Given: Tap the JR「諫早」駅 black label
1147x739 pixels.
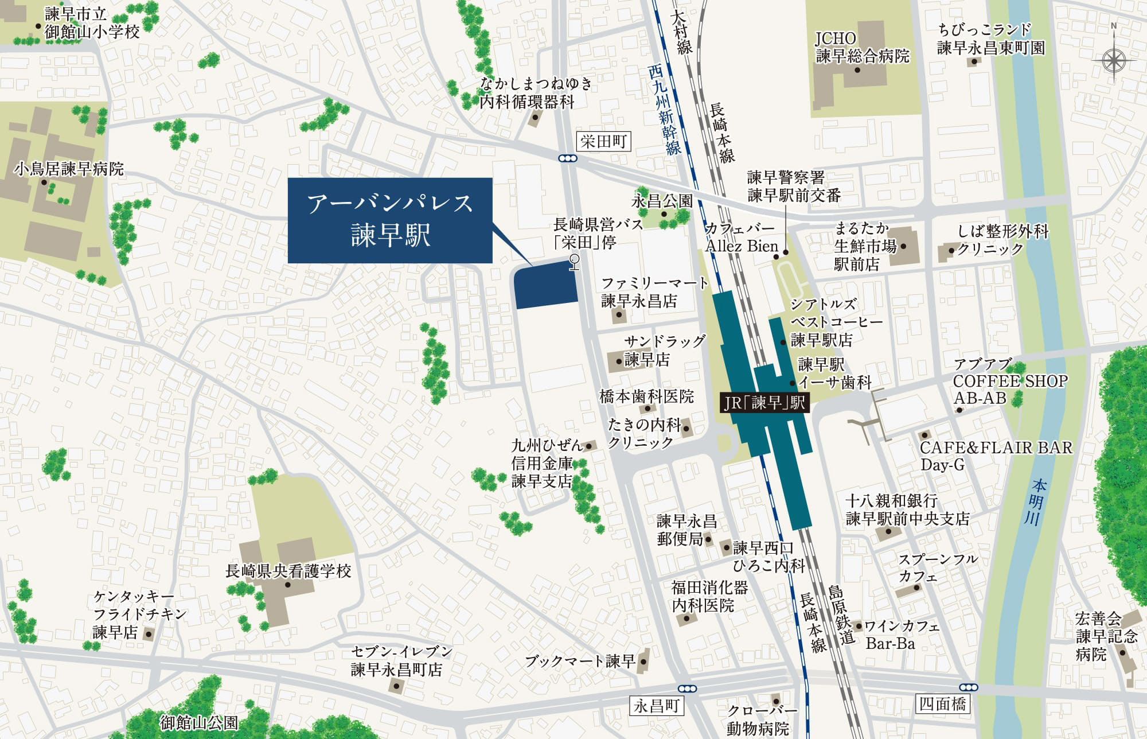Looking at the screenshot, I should pyautogui.click(x=764, y=402).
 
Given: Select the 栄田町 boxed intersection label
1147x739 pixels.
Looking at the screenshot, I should pyautogui.click(x=603, y=141).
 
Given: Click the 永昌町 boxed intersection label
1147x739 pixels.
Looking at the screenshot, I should pyautogui.click(x=656, y=706).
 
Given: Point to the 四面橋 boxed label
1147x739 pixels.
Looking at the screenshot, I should pyautogui.click(x=942, y=703).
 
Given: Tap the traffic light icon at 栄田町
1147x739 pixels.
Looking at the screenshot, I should pyautogui.click(x=568, y=158).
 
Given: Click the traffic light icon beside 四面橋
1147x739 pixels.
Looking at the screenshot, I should pyautogui.click(x=968, y=687).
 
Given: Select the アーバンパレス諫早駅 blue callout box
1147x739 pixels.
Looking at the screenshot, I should pyautogui.click(x=390, y=220).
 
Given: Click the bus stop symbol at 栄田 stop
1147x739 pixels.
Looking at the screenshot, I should pyautogui.click(x=574, y=263).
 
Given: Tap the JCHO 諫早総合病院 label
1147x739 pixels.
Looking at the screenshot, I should pyautogui.click(x=862, y=48).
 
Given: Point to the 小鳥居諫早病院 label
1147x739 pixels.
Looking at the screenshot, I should pyautogui.click(x=69, y=169).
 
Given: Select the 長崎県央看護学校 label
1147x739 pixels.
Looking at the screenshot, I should pyautogui.click(x=288, y=571).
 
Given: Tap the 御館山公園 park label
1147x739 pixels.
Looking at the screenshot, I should pyautogui.click(x=199, y=722).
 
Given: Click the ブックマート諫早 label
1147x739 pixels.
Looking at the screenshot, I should pyautogui.click(x=580, y=662).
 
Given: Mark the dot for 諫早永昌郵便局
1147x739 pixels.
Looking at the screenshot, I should pyautogui.click(x=708, y=539).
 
